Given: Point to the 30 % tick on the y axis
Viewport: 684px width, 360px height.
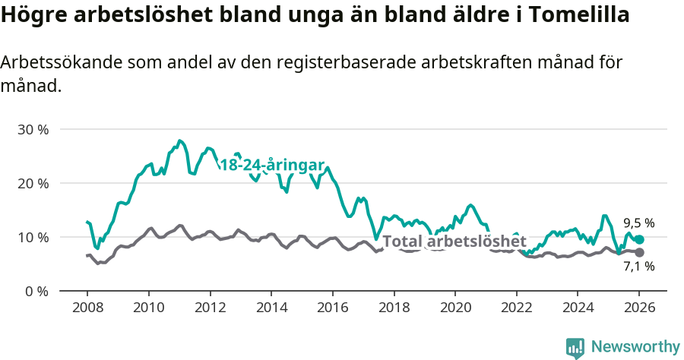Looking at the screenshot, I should click(x=33, y=129).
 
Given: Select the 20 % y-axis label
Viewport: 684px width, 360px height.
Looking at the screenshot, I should click(x=33, y=183).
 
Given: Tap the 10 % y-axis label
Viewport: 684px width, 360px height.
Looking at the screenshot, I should click(x=33, y=237).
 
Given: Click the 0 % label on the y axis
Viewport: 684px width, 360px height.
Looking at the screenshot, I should click(x=36, y=291).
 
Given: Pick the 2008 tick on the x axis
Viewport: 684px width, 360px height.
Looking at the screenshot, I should click(x=87, y=309).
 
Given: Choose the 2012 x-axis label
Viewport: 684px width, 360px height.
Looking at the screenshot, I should click(x=210, y=309).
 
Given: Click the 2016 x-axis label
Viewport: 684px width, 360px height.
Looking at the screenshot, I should click(x=332, y=309).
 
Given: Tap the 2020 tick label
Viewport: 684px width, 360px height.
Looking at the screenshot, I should click(x=454, y=309).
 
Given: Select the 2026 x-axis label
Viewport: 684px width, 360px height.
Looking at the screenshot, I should click(x=638, y=309).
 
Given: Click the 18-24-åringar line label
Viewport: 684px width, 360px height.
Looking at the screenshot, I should click(x=272, y=166).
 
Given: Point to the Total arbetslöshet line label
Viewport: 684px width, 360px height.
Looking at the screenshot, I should click(x=454, y=242).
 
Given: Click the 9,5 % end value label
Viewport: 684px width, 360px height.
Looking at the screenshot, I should click(x=638, y=223).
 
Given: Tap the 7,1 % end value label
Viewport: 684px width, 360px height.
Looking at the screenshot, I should click(x=638, y=267).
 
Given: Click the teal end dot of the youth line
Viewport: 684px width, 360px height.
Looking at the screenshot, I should click(x=639, y=239).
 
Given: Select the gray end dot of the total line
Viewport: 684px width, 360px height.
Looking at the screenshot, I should click(x=639, y=252).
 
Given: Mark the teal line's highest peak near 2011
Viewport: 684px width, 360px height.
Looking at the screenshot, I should click(x=179, y=141).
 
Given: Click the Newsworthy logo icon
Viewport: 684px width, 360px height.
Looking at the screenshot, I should click(x=575, y=348).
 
